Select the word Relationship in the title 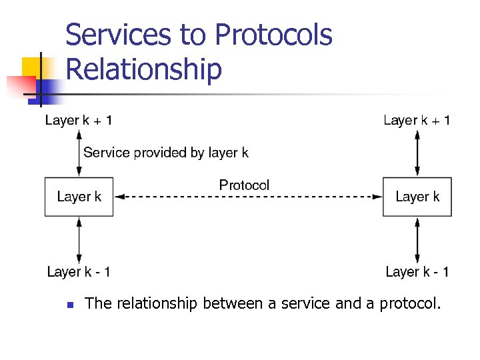144,69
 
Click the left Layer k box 79,197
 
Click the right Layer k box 417,197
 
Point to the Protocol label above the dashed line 244,185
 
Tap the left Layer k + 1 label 79,121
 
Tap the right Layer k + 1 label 417,121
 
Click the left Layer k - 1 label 79,272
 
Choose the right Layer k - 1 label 417,272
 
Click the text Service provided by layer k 166,153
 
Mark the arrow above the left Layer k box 79,153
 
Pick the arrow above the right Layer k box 417,153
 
